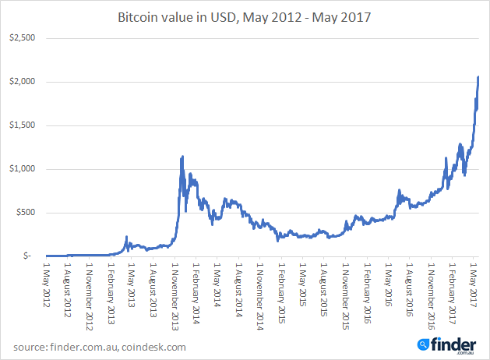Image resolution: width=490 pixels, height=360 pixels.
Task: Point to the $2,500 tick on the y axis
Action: click(23, 37)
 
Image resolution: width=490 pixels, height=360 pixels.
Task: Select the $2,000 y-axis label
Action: click(23, 81)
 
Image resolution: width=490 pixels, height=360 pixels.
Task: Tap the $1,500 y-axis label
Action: click(23, 125)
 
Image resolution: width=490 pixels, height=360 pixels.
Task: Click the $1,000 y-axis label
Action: click(23, 168)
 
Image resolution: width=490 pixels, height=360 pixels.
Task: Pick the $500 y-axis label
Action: click(26, 212)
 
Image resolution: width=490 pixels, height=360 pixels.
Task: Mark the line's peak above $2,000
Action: click(478, 76)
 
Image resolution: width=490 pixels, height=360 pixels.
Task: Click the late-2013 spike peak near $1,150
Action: click(182, 157)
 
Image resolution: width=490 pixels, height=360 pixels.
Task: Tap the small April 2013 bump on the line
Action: click(127, 237)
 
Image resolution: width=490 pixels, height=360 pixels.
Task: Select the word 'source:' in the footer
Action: click(32, 347)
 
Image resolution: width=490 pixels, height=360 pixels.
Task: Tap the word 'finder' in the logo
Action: click(453, 342)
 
